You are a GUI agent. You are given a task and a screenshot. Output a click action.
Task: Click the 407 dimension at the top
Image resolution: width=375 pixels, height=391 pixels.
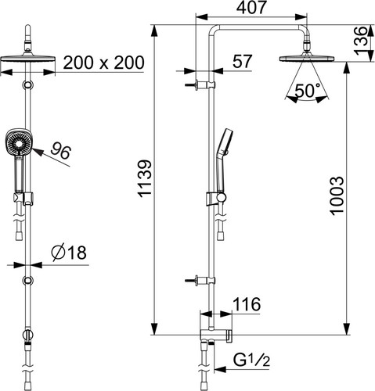pyautogui.click(x=251, y=8)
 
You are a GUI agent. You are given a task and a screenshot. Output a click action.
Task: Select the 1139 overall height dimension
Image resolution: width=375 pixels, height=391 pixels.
pyautogui.click(x=145, y=178)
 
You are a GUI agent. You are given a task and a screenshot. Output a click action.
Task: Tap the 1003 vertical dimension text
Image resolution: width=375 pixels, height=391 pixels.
pyautogui.click(x=337, y=196)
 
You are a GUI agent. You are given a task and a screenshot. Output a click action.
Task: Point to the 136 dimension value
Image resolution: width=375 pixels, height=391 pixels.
pyautogui.click(x=361, y=41)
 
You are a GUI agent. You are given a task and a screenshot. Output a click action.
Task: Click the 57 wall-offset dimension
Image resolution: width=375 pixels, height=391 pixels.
pyautogui.click(x=243, y=61)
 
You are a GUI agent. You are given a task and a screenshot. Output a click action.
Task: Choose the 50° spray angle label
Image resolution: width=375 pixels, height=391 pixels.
pyautogui.click(x=308, y=91)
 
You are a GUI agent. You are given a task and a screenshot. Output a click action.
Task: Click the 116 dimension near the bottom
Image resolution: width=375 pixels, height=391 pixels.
pyautogui.click(x=247, y=304)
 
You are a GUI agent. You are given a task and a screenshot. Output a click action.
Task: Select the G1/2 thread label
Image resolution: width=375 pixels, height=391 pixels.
pyautogui.click(x=251, y=361)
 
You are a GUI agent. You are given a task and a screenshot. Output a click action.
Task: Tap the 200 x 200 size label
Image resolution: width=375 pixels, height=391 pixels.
pyautogui.click(x=103, y=63)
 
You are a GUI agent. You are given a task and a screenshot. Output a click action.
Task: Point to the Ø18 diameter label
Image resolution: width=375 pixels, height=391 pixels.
pyautogui.click(x=69, y=253)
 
